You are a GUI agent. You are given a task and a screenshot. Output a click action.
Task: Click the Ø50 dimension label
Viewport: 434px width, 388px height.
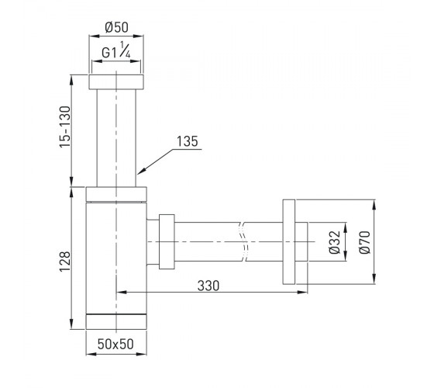tap(116, 27)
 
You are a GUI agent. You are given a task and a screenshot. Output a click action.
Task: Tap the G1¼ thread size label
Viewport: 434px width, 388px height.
tap(116, 50)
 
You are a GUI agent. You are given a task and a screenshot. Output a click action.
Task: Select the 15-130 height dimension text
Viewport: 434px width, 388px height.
tap(66, 126)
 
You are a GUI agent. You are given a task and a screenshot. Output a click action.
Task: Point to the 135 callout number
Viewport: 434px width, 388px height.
tap(188, 141)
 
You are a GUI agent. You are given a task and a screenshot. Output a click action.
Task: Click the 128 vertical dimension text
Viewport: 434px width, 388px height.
tap(65, 262)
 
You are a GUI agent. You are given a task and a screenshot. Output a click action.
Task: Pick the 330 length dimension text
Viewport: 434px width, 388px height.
tap(208, 286)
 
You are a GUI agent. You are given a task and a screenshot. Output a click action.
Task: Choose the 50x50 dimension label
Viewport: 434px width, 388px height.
tap(115, 344)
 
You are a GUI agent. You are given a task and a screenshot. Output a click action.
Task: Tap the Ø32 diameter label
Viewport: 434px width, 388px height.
tap(335, 241)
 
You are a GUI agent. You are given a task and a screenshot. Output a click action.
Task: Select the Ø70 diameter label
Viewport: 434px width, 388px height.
tap(364, 241)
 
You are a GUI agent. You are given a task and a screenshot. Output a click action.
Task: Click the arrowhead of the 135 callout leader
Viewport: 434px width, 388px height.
tap(139, 172)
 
